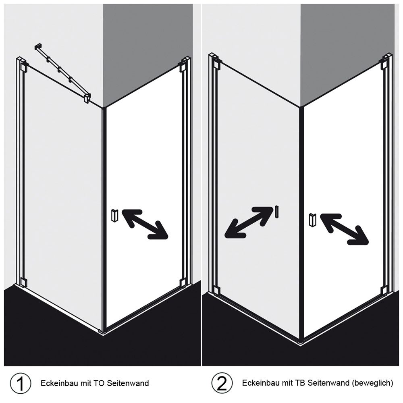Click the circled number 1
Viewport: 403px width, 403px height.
20,383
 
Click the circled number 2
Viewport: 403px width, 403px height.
222,383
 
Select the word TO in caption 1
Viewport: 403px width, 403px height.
99,384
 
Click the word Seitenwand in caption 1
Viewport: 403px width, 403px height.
128,384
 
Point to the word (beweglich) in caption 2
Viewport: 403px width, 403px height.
372,383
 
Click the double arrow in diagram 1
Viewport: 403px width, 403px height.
144,224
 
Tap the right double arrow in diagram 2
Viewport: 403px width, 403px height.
344,229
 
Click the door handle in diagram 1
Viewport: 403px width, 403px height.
114,215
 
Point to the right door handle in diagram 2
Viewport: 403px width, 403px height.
312,220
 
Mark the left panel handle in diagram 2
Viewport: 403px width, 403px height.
277,212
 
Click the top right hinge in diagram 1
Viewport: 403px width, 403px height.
183,68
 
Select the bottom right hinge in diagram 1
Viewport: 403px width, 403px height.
183,283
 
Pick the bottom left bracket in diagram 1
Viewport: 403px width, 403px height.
23,282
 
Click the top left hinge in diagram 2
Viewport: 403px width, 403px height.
217,64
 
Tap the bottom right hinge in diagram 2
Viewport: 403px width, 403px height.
384,291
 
